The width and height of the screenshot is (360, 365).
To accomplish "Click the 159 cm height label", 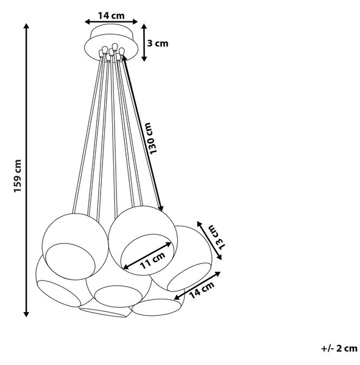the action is pos(18,176).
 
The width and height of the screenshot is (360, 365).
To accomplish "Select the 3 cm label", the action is pos(157,44).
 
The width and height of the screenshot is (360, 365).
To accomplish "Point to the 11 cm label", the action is pos(153,260).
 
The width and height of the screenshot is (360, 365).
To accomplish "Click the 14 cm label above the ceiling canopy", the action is pos(111,16).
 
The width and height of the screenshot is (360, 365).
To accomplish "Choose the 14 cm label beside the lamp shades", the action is pos(202,290).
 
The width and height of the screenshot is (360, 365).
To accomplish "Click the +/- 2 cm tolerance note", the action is pos(339,349).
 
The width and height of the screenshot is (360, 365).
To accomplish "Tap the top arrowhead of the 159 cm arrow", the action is pos(26,26).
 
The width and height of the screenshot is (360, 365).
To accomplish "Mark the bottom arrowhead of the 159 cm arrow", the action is pos(26,314).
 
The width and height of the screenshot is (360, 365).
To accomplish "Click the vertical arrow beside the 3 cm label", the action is pos(144,43).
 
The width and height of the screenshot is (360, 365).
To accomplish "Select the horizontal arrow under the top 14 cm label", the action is pos(111,22).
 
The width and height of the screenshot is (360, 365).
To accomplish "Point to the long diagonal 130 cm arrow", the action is pos(143,133).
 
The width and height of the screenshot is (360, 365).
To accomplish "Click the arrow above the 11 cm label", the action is pos(147,255).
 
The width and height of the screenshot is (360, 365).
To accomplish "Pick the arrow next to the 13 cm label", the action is pos(209,240).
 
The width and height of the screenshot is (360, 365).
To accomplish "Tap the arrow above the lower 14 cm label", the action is pos(197,286).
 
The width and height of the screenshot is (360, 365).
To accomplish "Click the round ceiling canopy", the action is pos(111,43).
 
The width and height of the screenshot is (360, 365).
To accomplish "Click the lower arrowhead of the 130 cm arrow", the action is pos(161,209).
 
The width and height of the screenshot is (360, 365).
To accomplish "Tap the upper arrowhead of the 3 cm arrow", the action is pos(144,27).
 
